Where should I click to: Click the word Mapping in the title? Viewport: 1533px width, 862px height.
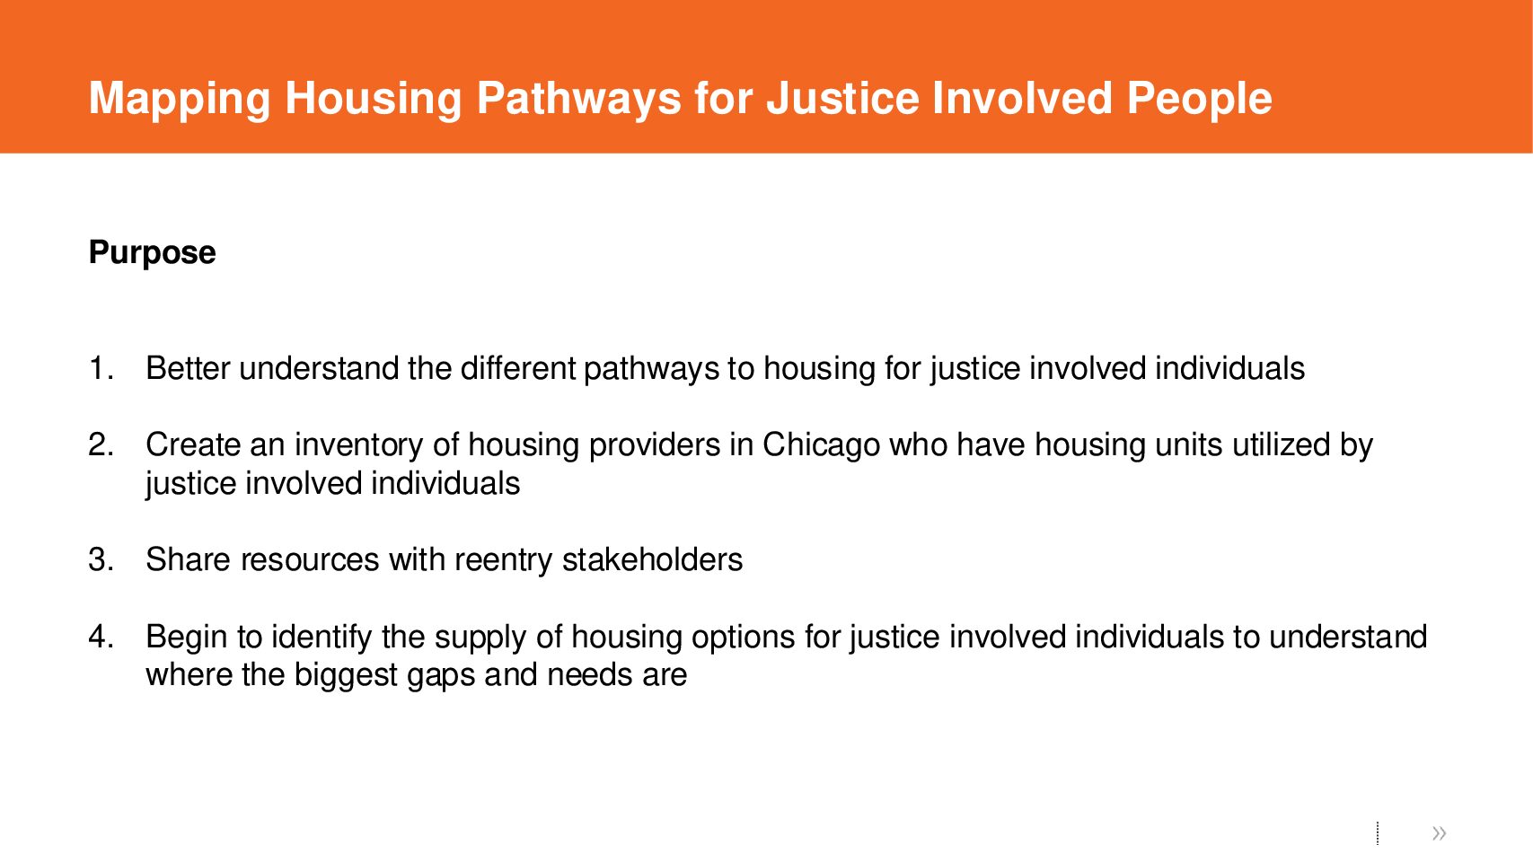[180, 100]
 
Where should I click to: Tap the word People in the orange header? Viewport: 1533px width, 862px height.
[1199, 100]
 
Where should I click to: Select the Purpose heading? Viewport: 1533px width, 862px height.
[152, 253]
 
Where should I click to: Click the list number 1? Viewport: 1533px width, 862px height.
[101, 368]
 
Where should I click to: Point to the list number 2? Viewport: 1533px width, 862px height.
[101, 444]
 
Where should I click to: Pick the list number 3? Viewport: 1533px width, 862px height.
[101, 559]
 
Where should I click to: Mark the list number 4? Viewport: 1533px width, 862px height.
[101, 637]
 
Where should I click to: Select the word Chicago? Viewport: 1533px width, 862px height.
[821, 444]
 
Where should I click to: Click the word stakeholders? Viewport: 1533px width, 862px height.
[652, 559]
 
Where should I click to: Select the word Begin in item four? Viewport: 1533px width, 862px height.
[186, 638]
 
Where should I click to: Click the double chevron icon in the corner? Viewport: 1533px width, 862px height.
[1439, 832]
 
